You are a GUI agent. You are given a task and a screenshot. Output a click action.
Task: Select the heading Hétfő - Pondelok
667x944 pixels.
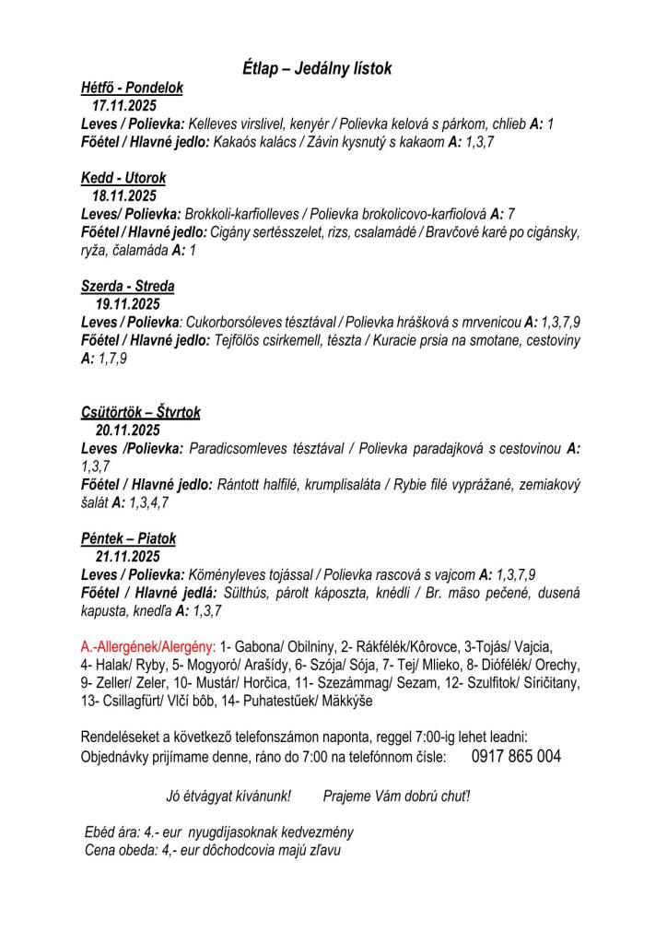coord(132,88)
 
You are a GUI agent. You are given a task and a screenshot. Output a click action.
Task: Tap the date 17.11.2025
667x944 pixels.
coord(124,106)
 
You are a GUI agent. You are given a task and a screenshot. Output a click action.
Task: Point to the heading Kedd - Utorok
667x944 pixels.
coord(123,177)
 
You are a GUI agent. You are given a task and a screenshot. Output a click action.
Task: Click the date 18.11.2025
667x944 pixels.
coord(124,195)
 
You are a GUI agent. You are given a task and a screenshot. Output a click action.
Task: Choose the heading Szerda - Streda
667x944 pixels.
coord(128,286)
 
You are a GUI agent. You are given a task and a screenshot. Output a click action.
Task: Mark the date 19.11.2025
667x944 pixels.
coord(128,304)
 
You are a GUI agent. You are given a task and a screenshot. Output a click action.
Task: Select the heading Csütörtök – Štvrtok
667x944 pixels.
coord(140,412)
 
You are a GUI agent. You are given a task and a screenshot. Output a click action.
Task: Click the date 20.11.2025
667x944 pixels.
coord(128,431)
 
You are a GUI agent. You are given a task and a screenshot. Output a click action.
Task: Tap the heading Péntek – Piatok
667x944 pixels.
coord(128,538)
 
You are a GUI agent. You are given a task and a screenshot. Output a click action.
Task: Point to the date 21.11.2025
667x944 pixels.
coord(128,557)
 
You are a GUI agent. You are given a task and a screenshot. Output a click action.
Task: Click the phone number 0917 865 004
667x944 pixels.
coord(516,756)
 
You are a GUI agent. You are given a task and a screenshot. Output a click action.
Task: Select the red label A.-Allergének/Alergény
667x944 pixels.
coord(148,647)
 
